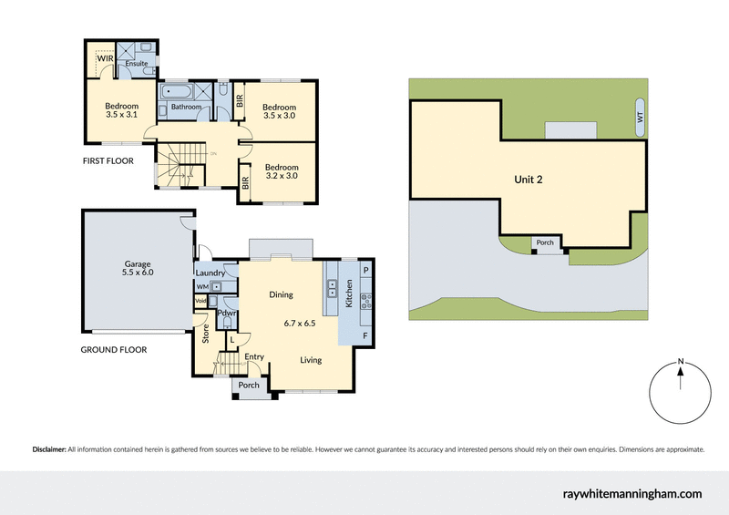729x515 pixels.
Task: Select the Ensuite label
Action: point(137,64)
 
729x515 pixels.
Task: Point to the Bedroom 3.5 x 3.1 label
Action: point(121,110)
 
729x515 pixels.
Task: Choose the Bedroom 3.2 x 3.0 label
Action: point(282,172)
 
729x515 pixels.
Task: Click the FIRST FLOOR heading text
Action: point(108,160)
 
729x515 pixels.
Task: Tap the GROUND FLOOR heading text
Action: point(114,349)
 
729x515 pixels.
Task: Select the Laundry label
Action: point(210,272)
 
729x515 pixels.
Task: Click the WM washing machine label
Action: point(202,286)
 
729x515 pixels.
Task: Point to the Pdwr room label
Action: point(227,314)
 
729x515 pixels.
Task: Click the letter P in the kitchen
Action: point(365,271)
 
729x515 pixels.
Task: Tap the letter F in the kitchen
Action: point(365,336)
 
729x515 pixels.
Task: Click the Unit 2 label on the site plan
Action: point(527,180)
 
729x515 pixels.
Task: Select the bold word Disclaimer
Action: point(49,449)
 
